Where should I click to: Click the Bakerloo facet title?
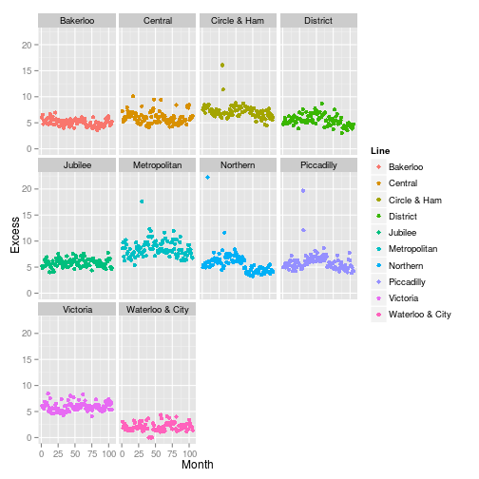[x=76, y=20]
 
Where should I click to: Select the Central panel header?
[x=157, y=20]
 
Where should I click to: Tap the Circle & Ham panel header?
[x=238, y=20]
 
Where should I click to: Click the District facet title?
[x=318, y=20]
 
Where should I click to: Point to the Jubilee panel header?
[x=76, y=164]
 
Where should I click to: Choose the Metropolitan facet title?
[x=157, y=164]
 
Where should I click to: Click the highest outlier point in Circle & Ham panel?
[x=221, y=65]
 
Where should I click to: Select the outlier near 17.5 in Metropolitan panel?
[x=142, y=201]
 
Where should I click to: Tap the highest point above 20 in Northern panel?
[x=207, y=178]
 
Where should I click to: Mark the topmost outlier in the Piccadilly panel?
[x=302, y=190]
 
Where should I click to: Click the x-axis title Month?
[x=197, y=465]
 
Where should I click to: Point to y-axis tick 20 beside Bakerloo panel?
[x=29, y=45]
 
